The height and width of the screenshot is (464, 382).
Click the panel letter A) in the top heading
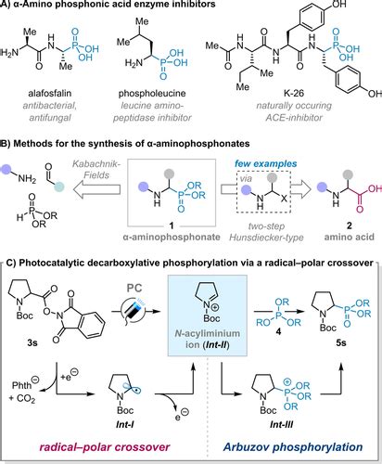tap(7, 6)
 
